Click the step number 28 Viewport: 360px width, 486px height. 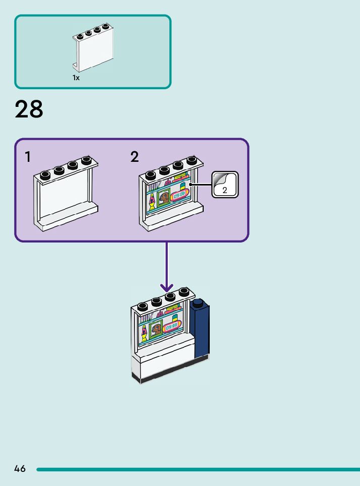click(x=29, y=109)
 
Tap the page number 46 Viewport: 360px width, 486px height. click(x=20, y=468)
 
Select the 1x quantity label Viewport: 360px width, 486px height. click(x=76, y=78)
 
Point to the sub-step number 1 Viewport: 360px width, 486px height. click(x=28, y=157)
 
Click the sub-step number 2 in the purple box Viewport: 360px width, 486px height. click(x=135, y=157)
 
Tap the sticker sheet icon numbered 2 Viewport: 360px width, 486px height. click(x=225, y=185)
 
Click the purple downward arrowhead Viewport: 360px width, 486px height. click(x=167, y=288)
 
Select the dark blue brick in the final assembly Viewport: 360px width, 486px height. click(x=200, y=329)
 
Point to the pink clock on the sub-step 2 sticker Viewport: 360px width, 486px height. click(x=179, y=195)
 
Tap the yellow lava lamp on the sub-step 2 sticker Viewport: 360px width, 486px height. click(x=152, y=202)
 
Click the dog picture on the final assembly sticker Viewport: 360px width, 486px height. click(x=156, y=330)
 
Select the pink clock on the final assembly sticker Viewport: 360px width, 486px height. click(x=171, y=327)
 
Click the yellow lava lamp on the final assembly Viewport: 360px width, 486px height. click(x=144, y=334)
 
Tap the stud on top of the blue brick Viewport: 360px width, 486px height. click(x=198, y=302)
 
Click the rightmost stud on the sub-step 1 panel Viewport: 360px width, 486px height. click(x=86, y=160)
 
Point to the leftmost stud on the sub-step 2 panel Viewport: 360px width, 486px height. click(x=151, y=175)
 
